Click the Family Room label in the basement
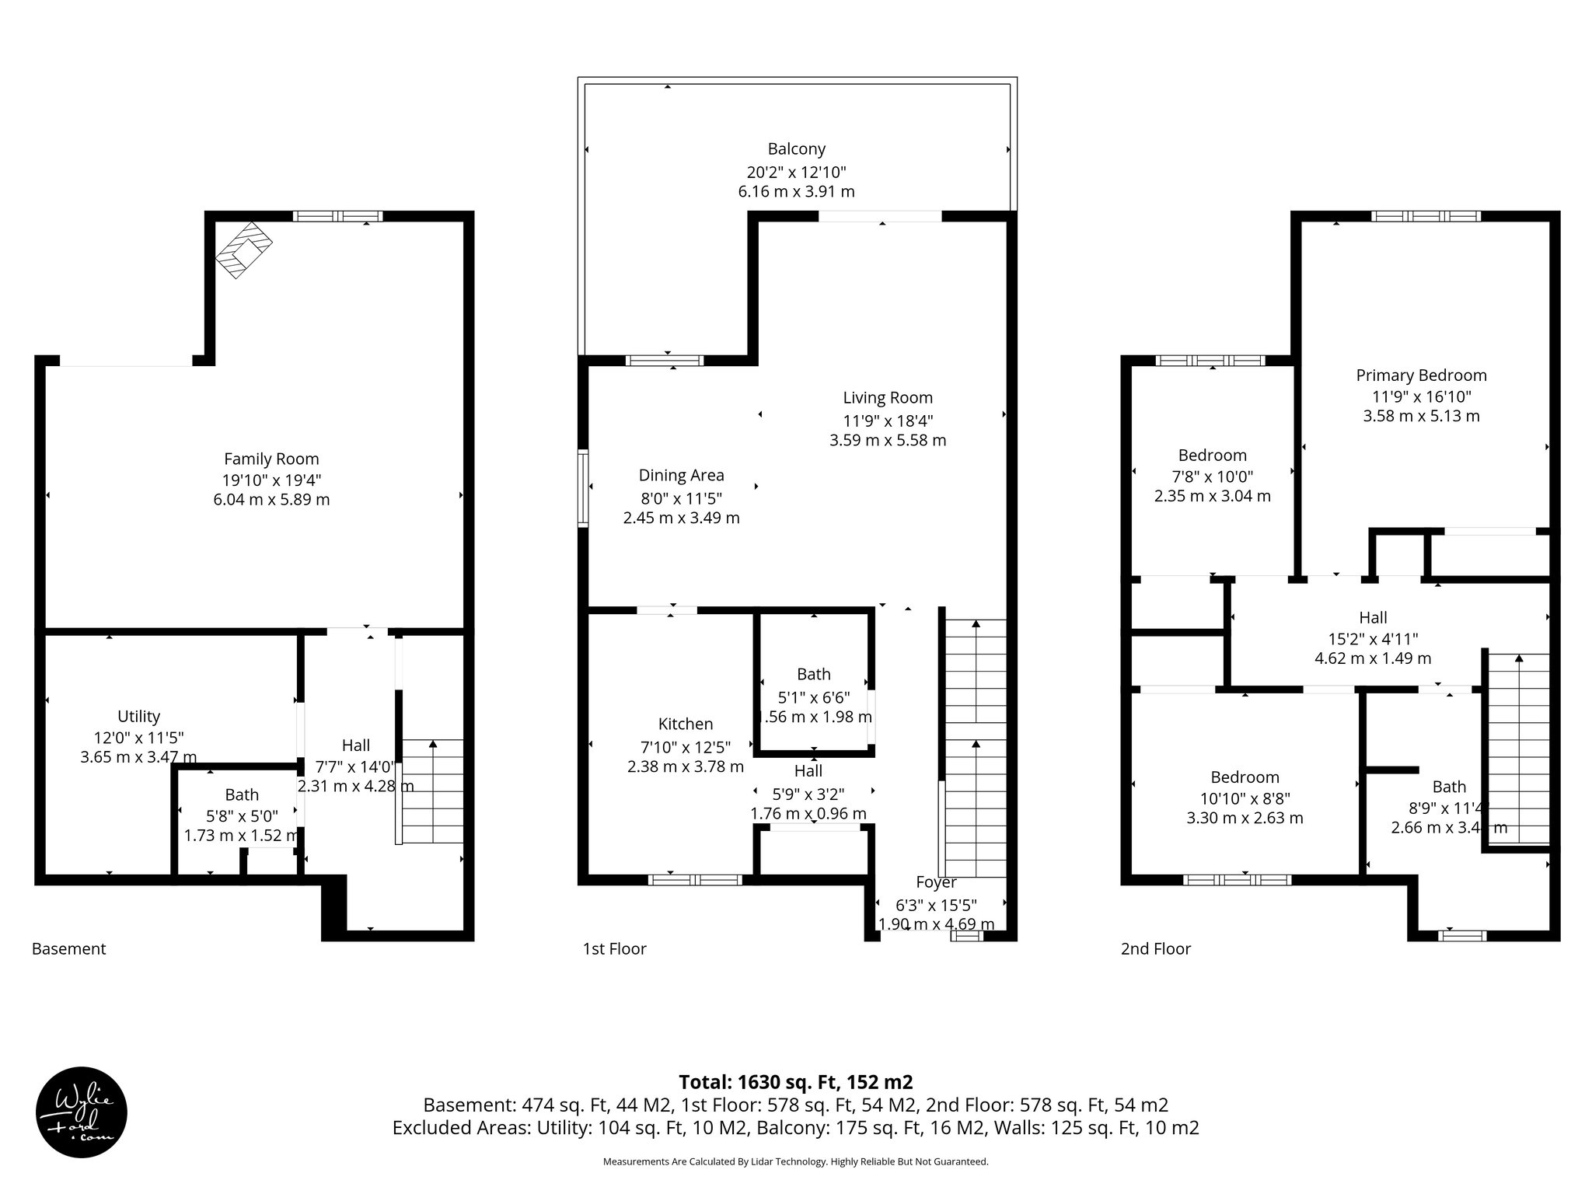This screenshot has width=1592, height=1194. pyautogui.click(x=271, y=459)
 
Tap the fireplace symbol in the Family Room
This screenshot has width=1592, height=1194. pyautogui.click(x=244, y=249)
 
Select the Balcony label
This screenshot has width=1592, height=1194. pyautogui.click(x=796, y=148)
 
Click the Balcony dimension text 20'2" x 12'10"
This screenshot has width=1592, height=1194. pyautogui.click(x=796, y=172)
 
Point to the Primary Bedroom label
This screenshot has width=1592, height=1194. pyautogui.click(x=1421, y=375)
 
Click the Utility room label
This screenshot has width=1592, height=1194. pyautogui.click(x=138, y=716)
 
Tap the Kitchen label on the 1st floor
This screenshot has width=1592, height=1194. pyautogui.click(x=685, y=724)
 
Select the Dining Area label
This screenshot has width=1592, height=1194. pyautogui.click(x=681, y=475)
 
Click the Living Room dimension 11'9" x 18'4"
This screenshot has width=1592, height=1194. pyautogui.click(x=888, y=421)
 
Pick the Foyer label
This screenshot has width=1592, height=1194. pyautogui.click(x=936, y=882)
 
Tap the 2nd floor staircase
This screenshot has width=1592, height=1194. pyautogui.click(x=1518, y=746)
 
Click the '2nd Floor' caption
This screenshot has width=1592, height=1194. pyautogui.click(x=1155, y=948)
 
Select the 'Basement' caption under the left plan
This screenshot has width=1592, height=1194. pyautogui.click(x=68, y=948)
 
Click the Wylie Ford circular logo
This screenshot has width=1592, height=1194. pyautogui.click(x=82, y=1111)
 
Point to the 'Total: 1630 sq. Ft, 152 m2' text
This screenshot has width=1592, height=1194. pyautogui.click(x=795, y=1082)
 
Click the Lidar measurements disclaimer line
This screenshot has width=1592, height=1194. pyautogui.click(x=795, y=1161)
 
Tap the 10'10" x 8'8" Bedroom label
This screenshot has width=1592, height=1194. pyautogui.click(x=1245, y=777)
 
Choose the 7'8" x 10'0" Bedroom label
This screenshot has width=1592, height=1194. pyautogui.click(x=1212, y=456)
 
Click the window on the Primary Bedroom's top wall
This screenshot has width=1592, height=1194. pyautogui.click(x=1425, y=216)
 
